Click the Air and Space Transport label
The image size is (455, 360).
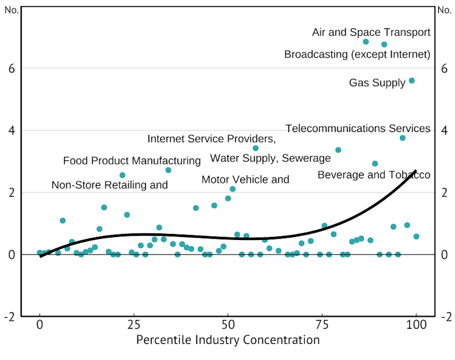pos(371,33)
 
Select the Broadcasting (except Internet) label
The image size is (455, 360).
pos(357,55)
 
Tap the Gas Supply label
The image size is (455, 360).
pos(377,83)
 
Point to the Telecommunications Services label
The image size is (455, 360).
pos(358,128)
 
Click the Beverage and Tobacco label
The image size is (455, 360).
pos(374,175)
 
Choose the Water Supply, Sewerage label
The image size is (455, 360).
pos(270,159)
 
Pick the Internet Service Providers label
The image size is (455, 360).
pos(211,139)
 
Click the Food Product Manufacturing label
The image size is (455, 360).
pos(132,161)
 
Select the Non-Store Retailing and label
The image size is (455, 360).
pos(109,185)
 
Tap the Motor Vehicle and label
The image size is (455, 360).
pos(245,179)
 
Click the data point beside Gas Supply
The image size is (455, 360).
pos(412,80)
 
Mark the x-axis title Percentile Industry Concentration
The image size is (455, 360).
pos(227,340)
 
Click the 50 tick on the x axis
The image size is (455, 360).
pos(227,324)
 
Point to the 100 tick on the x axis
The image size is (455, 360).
pos(416,324)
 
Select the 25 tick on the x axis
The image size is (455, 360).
pos(133,324)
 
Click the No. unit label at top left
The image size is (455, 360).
pos(11,10)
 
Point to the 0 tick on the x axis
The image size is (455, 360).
pos(40,324)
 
